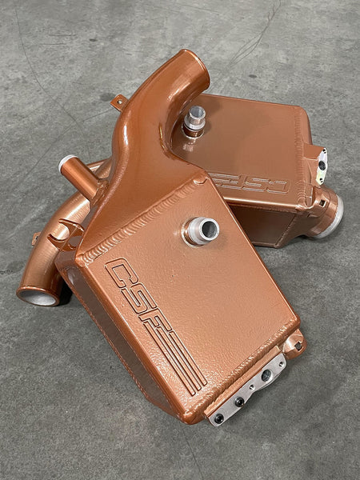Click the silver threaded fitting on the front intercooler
(x=201, y=230)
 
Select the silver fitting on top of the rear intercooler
(x=194, y=120)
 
